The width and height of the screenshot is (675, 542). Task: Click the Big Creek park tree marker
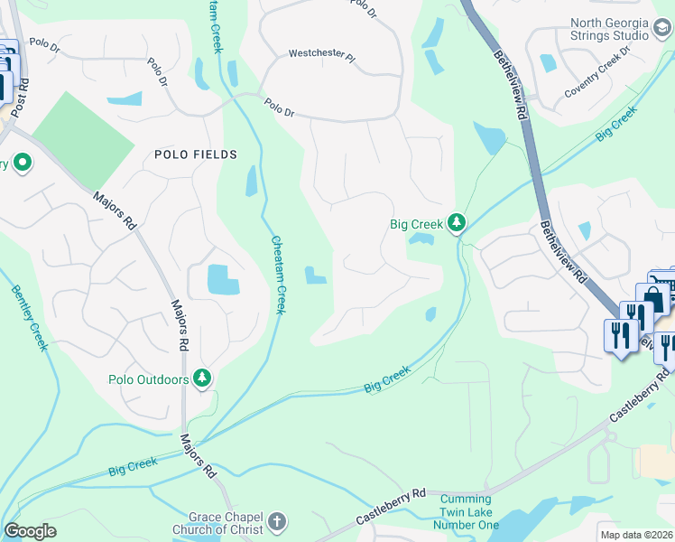coord(458,222)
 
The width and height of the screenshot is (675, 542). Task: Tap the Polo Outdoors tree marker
coord(204,378)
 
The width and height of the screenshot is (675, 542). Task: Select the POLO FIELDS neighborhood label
coord(195,154)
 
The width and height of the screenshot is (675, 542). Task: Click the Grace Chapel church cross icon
coord(277,521)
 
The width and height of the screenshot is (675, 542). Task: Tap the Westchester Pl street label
coord(322,53)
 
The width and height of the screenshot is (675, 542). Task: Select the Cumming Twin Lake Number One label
coord(468,511)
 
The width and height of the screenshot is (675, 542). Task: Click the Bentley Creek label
coord(30,321)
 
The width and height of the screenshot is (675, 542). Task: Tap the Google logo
coord(30,531)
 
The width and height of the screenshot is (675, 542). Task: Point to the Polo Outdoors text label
coord(149,379)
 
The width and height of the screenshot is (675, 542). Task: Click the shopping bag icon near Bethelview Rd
coord(652,297)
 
